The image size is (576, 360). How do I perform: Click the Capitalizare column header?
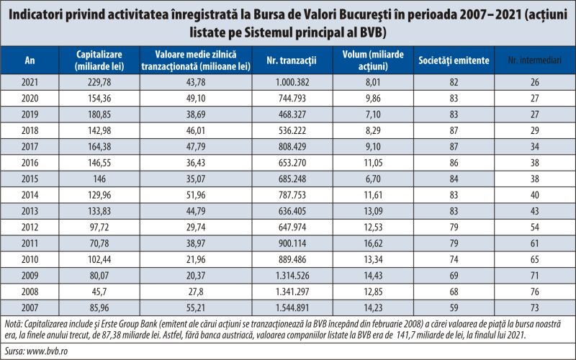[99, 60]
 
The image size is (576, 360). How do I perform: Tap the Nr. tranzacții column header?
[292, 60]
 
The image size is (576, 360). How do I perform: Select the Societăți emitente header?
[454, 60]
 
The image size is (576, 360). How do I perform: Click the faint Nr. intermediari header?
[534, 60]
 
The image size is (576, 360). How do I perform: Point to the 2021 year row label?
[30, 82]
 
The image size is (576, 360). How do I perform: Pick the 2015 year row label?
[30, 179]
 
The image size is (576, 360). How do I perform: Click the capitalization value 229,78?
[99, 82]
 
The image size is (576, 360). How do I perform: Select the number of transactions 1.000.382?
[292, 82]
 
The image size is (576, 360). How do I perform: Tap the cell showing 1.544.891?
[292, 308]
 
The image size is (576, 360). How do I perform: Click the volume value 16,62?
[373, 243]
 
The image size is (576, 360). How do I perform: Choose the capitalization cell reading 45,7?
[99, 292]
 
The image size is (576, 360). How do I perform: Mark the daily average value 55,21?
[196, 308]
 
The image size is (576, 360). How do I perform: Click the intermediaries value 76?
[535, 292]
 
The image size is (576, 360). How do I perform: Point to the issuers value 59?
[454, 308]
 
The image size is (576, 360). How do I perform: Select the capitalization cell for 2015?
[99, 179]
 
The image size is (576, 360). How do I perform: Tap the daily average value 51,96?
[196, 194]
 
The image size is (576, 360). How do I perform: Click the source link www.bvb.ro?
[47, 351]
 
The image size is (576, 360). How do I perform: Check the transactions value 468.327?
[292, 114]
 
